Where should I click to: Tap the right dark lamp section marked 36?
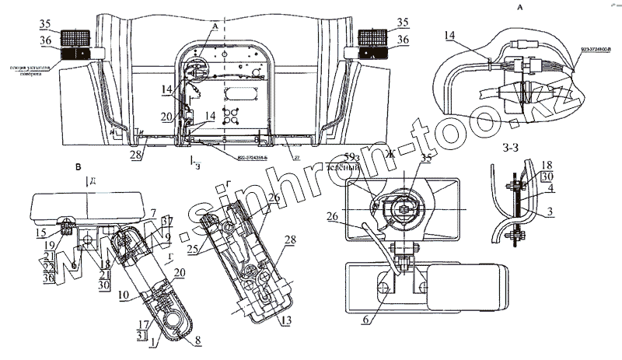click(x=376, y=53)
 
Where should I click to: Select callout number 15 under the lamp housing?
click(x=40, y=233)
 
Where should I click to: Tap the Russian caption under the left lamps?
click(x=29, y=71)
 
